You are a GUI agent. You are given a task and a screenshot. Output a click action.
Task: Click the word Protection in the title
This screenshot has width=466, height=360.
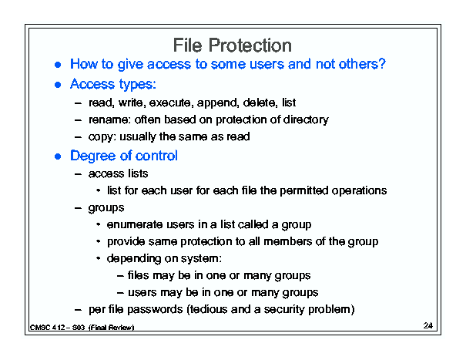click(250, 45)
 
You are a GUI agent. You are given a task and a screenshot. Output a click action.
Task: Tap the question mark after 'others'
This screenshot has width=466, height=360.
click(382, 63)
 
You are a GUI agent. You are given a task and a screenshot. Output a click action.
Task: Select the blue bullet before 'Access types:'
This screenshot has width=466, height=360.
click(58, 85)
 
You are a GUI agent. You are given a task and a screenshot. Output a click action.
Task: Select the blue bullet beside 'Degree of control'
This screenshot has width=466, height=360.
click(58, 156)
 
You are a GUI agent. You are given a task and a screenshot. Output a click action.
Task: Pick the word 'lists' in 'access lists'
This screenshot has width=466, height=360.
click(138, 173)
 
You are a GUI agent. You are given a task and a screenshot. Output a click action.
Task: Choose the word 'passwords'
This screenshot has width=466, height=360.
click(155, 309)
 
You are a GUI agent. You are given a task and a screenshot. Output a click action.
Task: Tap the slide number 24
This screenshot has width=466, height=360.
click(428, 325)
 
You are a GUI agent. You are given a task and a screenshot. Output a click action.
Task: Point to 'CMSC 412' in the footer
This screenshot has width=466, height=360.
click(48, 328)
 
